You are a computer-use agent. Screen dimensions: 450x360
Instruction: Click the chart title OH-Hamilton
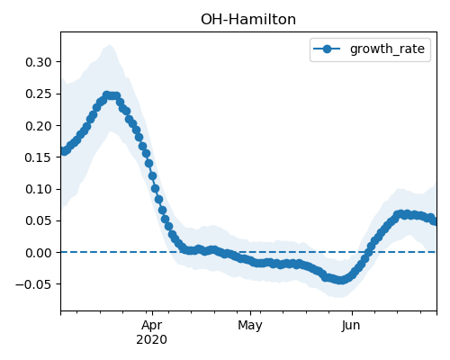[248, 20]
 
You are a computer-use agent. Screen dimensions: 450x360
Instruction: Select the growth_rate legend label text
[387, 49]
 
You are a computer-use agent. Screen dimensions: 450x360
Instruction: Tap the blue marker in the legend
[327, 49]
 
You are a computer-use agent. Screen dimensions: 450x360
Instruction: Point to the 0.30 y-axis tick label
[39, 62]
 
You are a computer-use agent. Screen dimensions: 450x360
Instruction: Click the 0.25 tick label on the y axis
[39, 94]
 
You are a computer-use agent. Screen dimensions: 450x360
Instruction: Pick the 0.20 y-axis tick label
[39, 126]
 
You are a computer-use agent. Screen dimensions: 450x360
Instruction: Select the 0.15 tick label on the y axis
[39, 157]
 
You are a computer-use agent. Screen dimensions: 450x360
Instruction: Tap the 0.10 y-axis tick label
[39, 189]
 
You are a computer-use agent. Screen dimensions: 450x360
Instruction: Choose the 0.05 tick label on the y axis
[39, 221]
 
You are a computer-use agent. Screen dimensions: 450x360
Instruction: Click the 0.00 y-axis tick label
[39, 253]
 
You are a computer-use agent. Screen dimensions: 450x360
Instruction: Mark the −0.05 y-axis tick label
[34, 284]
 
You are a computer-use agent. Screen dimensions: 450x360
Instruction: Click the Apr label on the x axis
[152, 326]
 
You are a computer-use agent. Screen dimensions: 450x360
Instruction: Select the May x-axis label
[250, 326]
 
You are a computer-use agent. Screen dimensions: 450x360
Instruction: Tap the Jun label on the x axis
[351, 326]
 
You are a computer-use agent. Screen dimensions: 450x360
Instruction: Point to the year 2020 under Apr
[151, 340]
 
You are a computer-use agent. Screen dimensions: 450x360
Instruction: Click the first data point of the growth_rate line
[63, 151]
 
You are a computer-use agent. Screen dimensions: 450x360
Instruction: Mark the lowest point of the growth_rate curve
[340, 280]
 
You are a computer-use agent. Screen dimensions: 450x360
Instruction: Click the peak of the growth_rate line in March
[107, 95]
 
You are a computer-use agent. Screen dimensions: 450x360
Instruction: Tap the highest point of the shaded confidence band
[110, 45]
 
